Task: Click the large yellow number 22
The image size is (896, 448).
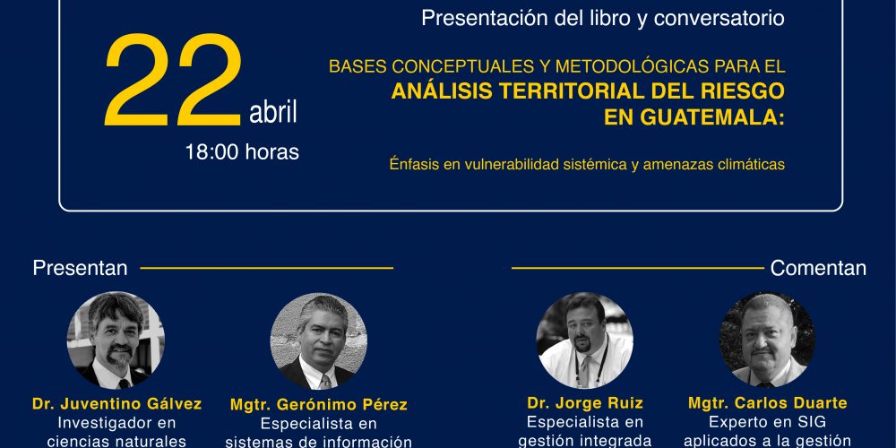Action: [x=174, y=80]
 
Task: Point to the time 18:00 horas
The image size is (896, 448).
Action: [x=242, y=152]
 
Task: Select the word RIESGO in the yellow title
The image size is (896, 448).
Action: [x=734, y=90]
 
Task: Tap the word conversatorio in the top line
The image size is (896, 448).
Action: [x=719, y=18]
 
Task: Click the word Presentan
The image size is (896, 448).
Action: [x=80, y=268]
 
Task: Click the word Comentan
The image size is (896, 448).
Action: [x=818, y=268]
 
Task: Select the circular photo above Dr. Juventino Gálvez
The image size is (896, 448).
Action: [x=116, y=340]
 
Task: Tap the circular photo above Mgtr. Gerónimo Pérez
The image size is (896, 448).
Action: [x=319, y=341]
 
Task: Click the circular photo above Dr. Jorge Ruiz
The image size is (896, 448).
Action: [x=584, y=340]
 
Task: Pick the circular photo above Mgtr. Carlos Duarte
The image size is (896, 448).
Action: [x=768, y=340]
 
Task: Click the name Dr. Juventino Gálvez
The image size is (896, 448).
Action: [x=117, y=404]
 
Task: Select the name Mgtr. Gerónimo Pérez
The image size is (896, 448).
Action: [x=319, y=405]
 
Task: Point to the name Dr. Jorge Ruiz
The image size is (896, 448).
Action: [x=585, y=403]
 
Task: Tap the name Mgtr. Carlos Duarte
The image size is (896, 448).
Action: [x=768, y=403]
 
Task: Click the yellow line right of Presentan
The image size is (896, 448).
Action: [x=267, y=268]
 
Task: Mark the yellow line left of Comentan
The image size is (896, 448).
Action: [x=638, y=268]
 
